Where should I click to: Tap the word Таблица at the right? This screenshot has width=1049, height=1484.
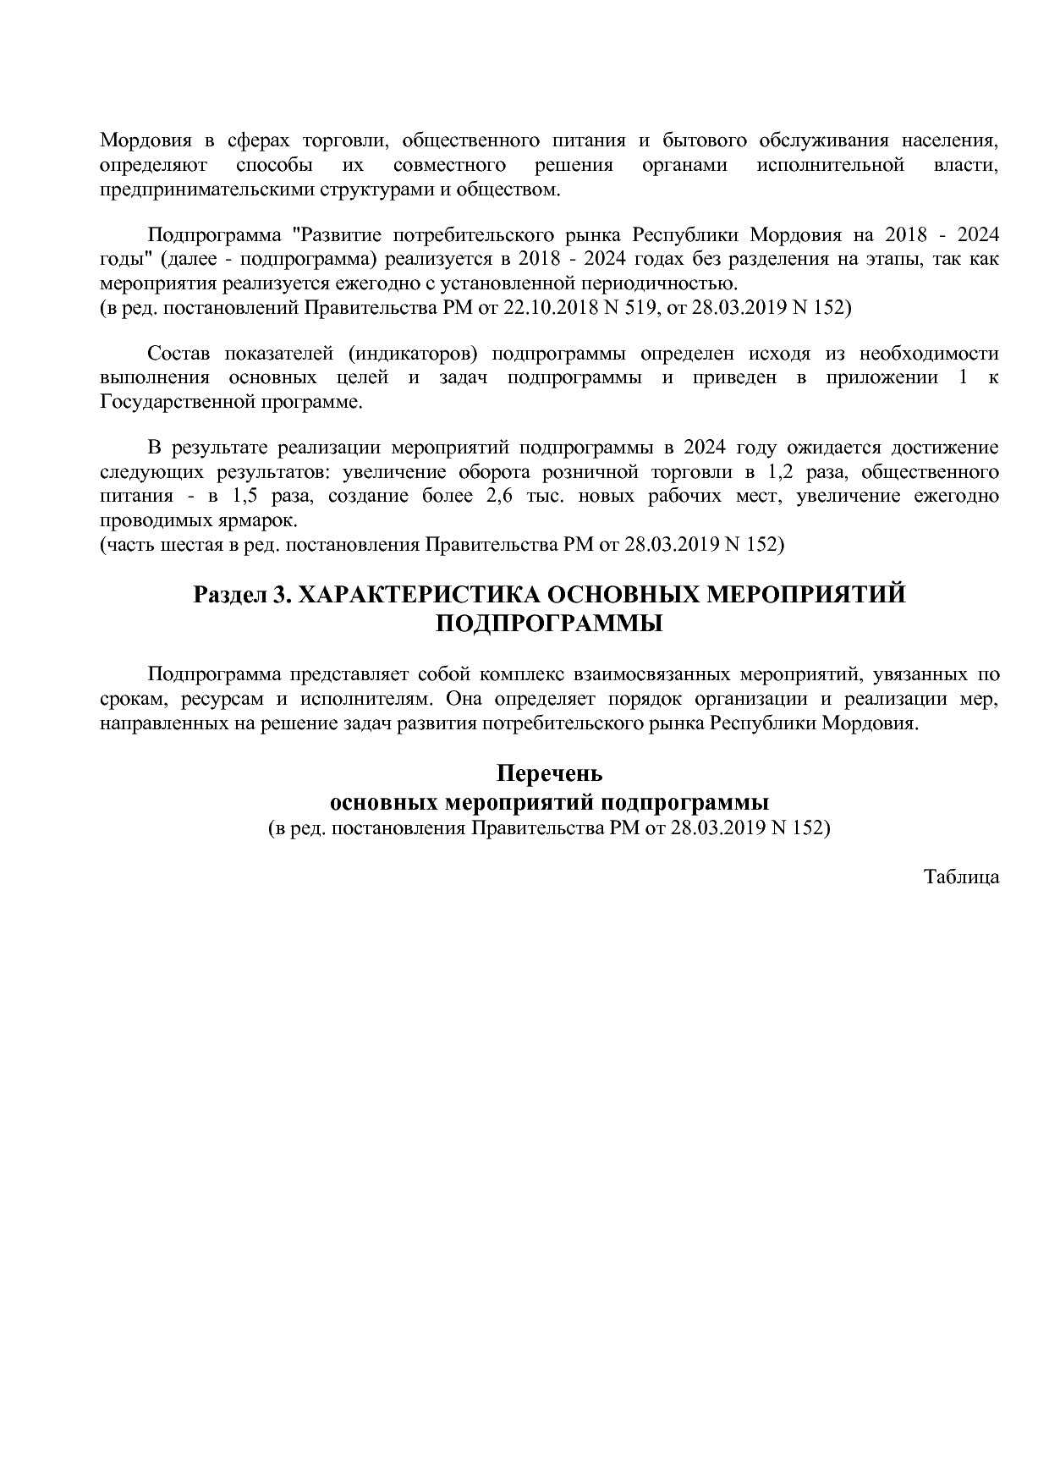tap(961, 877)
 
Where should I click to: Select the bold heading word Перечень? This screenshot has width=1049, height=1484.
tap(549, 773)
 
